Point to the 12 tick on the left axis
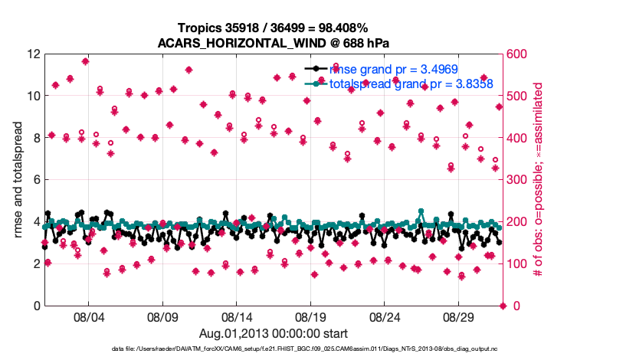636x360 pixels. click(33, 54)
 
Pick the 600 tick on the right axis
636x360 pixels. click(517, 54)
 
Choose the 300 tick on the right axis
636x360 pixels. click(517, 180)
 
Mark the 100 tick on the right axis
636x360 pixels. click(517, 264)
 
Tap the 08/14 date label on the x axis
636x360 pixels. click(237, 316)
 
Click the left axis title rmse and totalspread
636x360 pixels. click(18, 180)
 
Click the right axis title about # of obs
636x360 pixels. click(539, 180)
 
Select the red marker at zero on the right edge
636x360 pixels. click(503, 306)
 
